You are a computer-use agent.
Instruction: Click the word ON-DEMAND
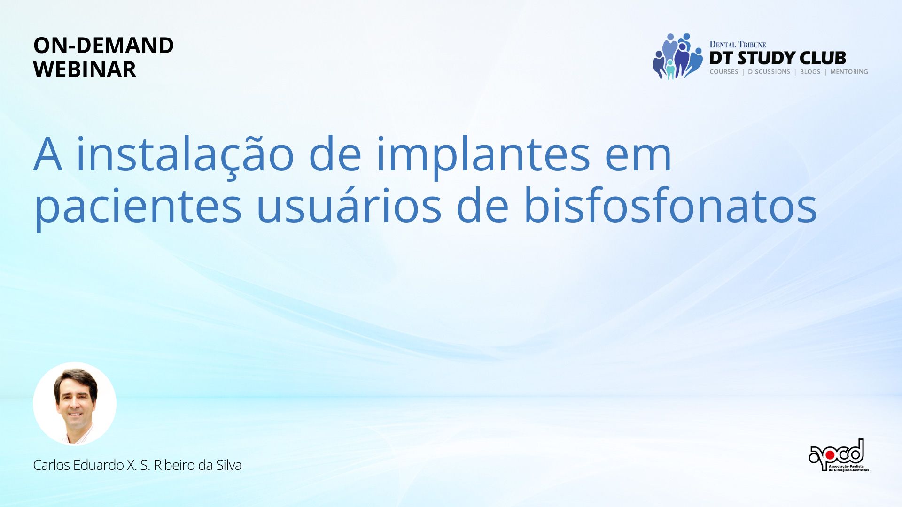point(103,46)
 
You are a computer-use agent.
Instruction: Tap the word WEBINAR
point(85,69)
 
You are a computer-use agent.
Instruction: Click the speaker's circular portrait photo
point(75,403)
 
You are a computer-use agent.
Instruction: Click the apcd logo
point(839,455)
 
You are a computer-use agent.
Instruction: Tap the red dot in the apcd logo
point(830,455)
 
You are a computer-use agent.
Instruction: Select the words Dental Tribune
point(738,45)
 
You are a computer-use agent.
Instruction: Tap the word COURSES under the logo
point(724,72)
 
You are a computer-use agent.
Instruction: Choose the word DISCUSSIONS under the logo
point(769,72)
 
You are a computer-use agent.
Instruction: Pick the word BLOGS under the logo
point(810,72)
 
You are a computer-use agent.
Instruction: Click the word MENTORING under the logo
point(849,72)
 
